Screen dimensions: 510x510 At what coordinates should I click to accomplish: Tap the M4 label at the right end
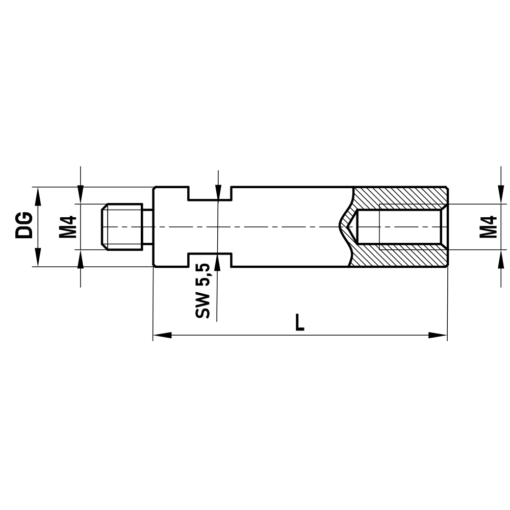click(x=488, y=226)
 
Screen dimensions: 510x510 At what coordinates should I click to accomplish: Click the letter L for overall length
click(x=300, y=322)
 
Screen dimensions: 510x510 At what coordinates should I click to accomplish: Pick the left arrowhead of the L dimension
click(x=162, y=335)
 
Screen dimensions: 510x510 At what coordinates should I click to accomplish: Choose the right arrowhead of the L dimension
click(x=438, y=335)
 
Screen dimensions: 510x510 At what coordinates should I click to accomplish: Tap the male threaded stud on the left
click(x=122, y=226)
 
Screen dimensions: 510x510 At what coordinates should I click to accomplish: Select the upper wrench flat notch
click(x=210, y=194)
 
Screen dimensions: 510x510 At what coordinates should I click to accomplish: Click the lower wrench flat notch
click(x=210, y=259)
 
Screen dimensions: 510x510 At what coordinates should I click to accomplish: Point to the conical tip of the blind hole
click(x=349, y=226)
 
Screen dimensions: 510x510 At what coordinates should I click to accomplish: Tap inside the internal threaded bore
click(x=408, y=226)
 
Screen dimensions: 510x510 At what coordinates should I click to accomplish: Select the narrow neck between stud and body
click(x=147, y=226)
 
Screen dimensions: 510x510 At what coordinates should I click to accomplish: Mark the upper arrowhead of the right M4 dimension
click(x=499, y=196)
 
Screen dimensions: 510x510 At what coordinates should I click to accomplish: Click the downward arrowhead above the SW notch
click(x=218, y=192)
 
